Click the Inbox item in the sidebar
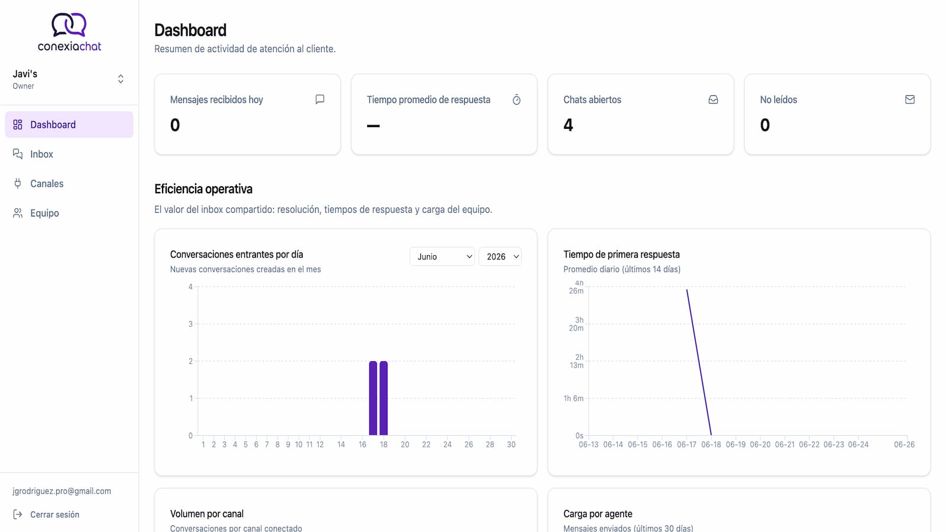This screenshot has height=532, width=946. pos(41,154)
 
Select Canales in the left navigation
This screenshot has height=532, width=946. pos(47,184)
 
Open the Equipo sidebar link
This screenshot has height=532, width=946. pos(44,213)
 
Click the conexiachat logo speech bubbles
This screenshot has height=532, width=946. pos(69,24)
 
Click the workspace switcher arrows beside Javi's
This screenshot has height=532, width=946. pos(121,79)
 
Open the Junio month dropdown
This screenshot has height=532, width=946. pos(442,257)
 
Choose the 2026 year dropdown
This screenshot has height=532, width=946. pos(500,257)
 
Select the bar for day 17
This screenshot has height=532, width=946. pos(373,398)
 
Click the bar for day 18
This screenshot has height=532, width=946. pos(384,398)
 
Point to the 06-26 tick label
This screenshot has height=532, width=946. pos(904,445)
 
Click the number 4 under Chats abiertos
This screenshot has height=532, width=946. pos(568,125)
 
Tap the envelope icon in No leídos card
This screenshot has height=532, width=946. pos(910,100)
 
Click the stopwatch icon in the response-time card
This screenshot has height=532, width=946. pos(517,100)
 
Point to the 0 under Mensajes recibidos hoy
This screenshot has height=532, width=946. pos(175,125)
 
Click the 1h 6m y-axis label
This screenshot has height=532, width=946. pos(574,398)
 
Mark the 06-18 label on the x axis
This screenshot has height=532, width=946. pos(711,445)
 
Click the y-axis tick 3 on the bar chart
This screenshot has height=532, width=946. pos(190,324)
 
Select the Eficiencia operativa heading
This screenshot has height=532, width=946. pos(203,189)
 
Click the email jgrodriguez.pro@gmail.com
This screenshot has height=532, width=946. pos(61,491)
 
